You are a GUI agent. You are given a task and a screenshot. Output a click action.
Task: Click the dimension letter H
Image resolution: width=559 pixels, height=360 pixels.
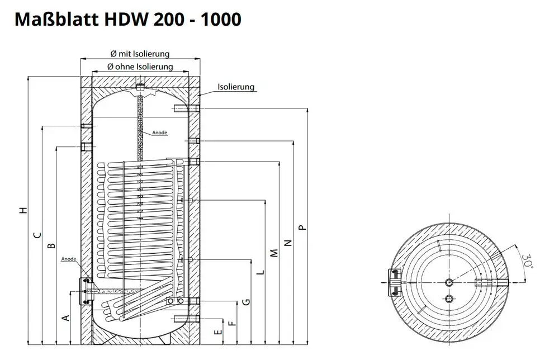[23, 210]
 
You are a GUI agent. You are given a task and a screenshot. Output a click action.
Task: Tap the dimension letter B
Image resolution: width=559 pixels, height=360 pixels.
[52, 245]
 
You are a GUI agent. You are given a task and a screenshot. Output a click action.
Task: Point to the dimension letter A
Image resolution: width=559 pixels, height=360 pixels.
[67, 318]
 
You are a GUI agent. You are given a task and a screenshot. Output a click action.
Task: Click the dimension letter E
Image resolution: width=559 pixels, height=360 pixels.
[219, 332]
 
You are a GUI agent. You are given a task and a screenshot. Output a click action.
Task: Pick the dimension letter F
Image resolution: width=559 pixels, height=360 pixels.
[233, 323]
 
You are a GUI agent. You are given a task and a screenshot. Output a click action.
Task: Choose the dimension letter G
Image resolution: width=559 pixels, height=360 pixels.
[247, 302]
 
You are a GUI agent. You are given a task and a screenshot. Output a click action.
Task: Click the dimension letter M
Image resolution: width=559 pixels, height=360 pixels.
[274, 253]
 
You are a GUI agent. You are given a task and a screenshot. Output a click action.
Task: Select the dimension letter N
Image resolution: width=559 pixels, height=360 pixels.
[288, 243]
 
